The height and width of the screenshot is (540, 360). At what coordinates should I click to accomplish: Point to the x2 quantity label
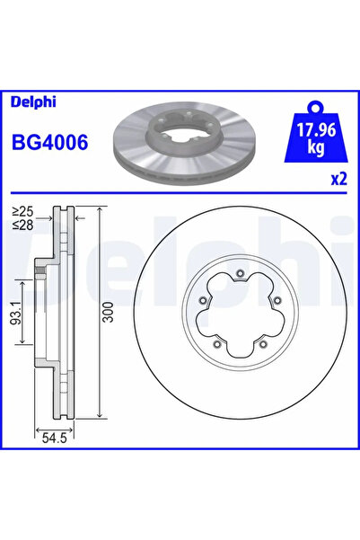(338, 179)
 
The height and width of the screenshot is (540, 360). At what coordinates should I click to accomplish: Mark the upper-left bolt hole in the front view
(204, 302)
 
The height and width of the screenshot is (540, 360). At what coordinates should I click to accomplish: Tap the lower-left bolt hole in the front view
(217, 343)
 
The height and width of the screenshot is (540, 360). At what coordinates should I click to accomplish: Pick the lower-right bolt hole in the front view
(260, 343)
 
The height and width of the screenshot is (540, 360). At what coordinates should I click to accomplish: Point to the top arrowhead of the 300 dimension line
(96, 211)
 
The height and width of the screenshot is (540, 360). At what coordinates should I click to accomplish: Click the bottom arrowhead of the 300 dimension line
(96, 415)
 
